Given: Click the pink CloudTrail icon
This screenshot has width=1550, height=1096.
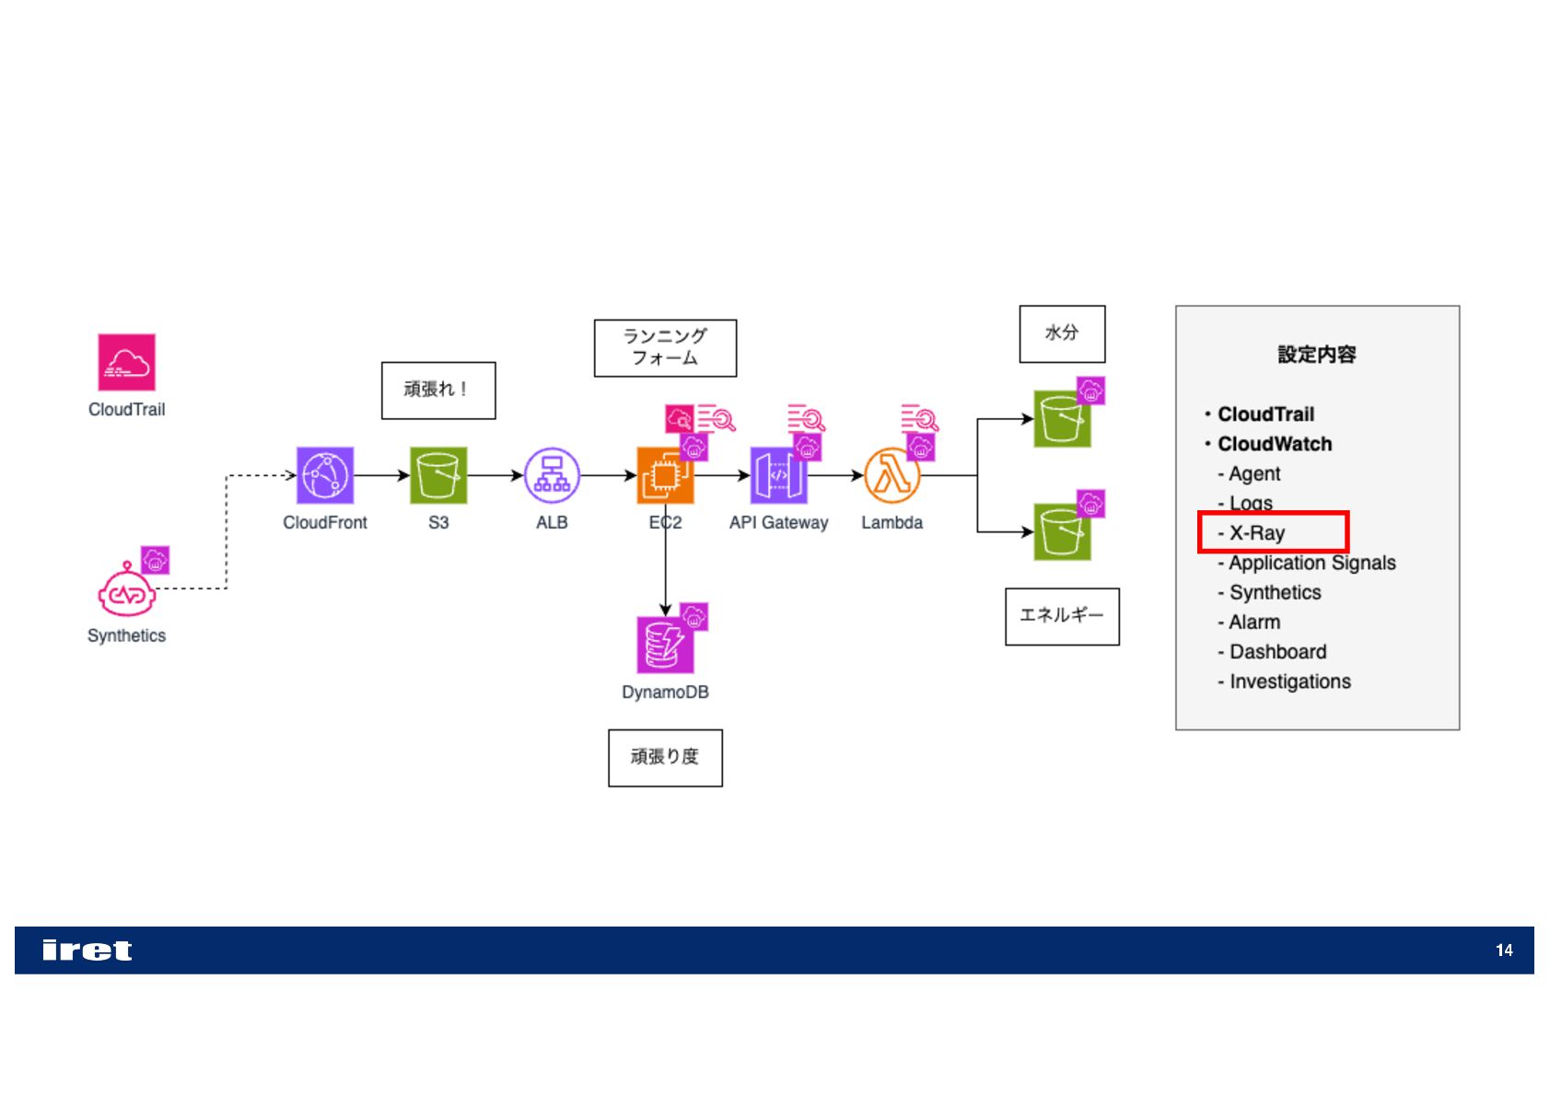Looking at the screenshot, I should [x=126, y=362].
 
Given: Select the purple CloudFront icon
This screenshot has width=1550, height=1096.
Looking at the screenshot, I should [x=324, y=475].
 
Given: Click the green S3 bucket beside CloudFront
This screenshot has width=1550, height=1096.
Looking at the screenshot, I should [x=438, y=475].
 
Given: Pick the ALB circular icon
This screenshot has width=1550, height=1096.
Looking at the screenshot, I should [x=552, y=475].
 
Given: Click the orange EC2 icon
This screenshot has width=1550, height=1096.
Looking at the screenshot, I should [x=664, y=476].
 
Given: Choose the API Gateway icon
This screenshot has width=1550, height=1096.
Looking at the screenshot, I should [x=778, y=475].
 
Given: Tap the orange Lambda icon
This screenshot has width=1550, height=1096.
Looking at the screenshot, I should [x=891, y=476].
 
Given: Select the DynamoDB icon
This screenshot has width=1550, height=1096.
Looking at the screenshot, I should [x=664, y=645].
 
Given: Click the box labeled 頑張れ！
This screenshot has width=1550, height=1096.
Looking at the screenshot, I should [x=438, y=391].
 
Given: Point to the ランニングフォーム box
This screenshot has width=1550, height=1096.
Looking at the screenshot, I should [x=665, y=348].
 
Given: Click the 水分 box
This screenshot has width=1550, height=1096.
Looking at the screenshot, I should [x=1062, y=333].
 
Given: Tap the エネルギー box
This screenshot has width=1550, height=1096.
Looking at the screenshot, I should [x=1062, y=616].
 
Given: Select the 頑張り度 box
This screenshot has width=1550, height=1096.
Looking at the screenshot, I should [x=665, y=758].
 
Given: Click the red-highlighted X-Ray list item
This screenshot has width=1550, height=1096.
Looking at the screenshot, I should [x=1273, y=532].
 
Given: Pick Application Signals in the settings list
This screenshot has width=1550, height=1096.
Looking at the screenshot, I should [x=1311, y=563].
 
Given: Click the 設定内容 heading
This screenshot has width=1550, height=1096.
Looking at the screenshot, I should [x=1316, y=355].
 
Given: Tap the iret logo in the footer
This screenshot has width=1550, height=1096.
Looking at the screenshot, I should [x=87, y=950].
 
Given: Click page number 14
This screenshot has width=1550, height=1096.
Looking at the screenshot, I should [x=1504, y=950].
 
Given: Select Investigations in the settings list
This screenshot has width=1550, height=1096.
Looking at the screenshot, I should [x=1289, y=682].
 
